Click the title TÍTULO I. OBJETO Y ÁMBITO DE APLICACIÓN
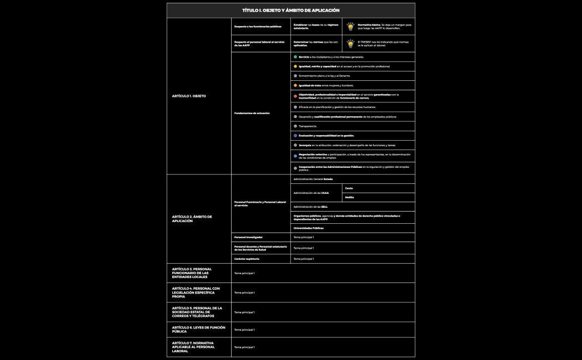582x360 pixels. coord(290,11)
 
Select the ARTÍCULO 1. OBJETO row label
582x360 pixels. coord(189,96)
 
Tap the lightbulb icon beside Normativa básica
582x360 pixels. coord(350,27)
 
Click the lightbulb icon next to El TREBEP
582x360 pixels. coord(350,43)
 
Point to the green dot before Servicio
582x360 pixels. coord(295,57)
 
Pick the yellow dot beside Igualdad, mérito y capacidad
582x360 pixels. coord(295,66)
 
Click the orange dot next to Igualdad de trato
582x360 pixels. coord(295,85)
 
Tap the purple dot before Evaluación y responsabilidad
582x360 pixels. coord(295,136)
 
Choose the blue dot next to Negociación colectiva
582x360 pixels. coord(295,156)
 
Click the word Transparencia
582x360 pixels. coord(307,126)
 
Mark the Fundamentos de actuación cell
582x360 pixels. coord(252,113)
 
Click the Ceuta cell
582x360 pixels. coord(350,188)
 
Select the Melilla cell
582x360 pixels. coord(350,197)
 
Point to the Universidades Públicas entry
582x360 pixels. coord(309,228)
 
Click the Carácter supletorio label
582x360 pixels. coord(247,259)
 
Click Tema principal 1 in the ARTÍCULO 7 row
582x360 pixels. coord(244,347)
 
